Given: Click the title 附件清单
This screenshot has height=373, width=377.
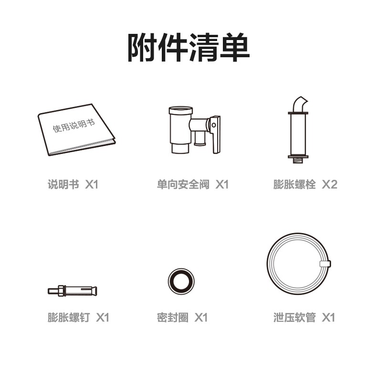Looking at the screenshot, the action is [x=188, y=47].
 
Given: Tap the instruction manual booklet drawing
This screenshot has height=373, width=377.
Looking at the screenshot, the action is [x=76, y=130].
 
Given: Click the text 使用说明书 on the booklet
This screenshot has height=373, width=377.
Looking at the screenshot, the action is [x=74, y=125].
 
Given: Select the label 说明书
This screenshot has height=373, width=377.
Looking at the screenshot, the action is [x=63, y=185].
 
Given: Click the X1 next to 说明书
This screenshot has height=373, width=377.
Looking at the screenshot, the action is [x=92, y=185].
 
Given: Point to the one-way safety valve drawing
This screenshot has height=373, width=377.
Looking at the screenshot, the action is [x=194, y=130].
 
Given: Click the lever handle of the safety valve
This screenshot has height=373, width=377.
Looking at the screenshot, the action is [x=215, y=134].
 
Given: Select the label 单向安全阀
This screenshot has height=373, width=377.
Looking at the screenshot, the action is [x=183, y=185].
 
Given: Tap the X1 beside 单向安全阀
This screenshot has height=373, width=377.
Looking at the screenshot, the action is [x=222, y=185].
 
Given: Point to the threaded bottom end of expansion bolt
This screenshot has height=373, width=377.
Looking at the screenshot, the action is [x=298, y=161].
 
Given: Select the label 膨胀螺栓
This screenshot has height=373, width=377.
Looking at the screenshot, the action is [x=294, y=185].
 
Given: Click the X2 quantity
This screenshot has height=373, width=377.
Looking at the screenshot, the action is [x=330, y=185].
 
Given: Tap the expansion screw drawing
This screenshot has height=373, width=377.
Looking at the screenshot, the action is [x=73, y=291].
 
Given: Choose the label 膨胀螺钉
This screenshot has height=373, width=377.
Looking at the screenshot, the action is [x=69, y=318].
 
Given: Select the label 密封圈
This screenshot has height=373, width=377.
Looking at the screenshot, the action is [x=173, y=318].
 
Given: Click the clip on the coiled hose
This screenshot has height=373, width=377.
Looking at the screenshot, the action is [x=325, y=264].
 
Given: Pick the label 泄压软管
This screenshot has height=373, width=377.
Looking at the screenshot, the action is [x=294, y=318].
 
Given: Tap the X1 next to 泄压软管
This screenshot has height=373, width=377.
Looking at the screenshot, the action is [x=328, y=318].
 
